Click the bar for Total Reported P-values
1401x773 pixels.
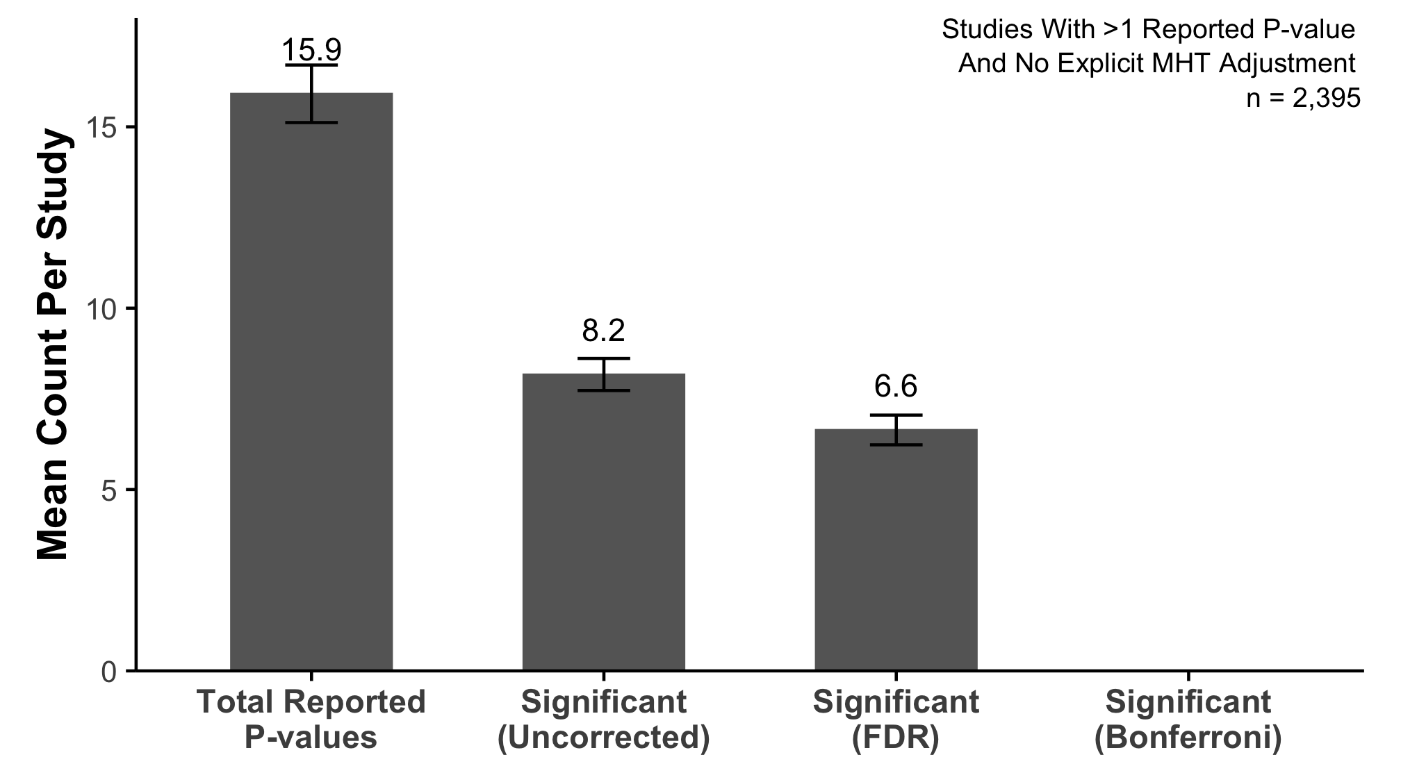coord(311,382)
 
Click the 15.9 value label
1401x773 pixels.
coord(311,51)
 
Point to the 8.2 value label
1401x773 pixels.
coord(603,331)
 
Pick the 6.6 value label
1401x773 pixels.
coord(896,387)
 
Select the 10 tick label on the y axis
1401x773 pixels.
coord(102,308)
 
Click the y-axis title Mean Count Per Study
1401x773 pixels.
coord(53,345)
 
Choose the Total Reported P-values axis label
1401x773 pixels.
coord(311,720)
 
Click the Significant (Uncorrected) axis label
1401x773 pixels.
coord(603,720)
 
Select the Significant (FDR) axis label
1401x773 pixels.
coord(896,720)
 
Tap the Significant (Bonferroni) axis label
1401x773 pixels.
coord(1188,720)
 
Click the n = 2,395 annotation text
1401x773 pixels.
coord(1302,98)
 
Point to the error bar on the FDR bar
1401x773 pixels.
coord(896,430)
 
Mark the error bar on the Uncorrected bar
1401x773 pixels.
coord(603,374)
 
